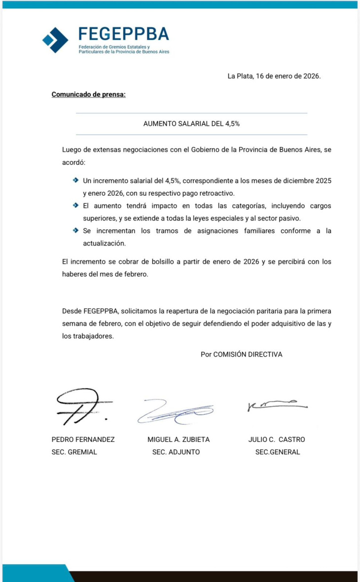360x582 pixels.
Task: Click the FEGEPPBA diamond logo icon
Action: click(55, 40)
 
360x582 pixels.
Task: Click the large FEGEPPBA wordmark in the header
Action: click(124, 34)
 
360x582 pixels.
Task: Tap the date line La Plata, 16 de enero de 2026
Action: click(274, 76)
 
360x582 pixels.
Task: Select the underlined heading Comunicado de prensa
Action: click(89, 94)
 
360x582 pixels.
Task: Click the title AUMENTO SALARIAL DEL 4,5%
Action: click(191, 124)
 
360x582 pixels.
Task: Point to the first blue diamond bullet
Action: click(75, 181)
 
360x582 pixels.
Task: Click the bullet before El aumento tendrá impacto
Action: click(75, 205)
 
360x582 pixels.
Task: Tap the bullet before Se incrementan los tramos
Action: click(75, 230)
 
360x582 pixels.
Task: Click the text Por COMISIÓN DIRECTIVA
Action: click(241, 354)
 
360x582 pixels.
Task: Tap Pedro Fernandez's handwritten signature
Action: click(79, 406)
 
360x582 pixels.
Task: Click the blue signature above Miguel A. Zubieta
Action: click(175, 411)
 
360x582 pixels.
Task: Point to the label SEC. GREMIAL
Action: click(74, 452)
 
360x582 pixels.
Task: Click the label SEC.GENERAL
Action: click(277, 452)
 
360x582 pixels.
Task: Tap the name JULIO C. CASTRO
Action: click(276, 439)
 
